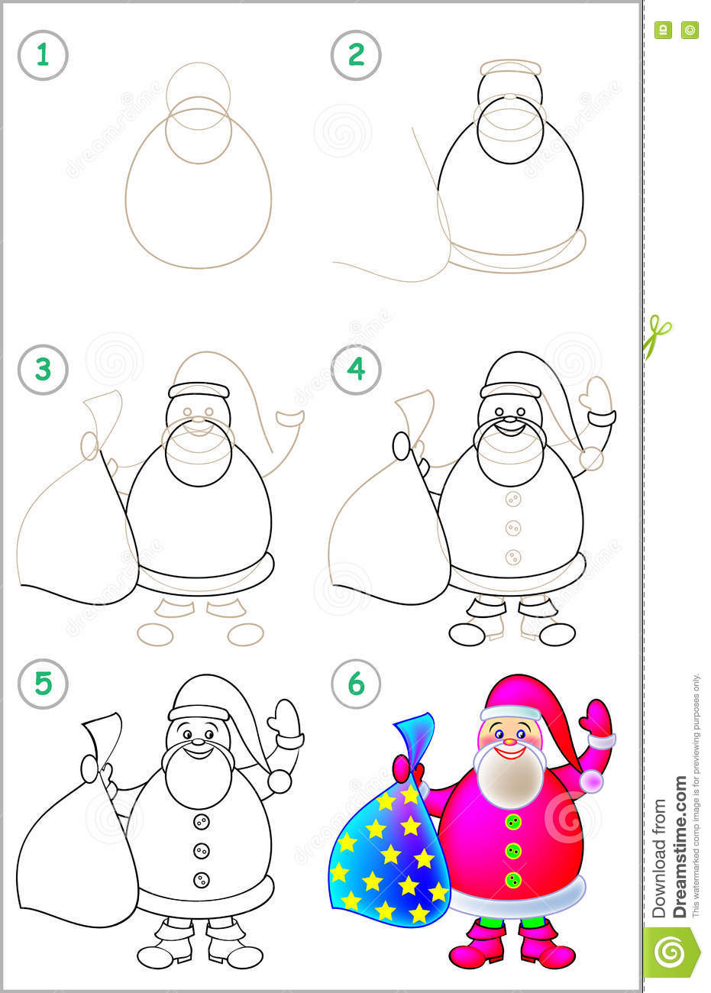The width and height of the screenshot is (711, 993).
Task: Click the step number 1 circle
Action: tap(43, 55)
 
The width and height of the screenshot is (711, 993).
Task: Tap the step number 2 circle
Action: tap(356, 55)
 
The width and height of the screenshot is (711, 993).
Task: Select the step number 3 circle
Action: tap(43, 370)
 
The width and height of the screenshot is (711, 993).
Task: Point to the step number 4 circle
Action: tap(356, 370)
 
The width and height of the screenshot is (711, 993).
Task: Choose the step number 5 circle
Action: tap(43, 684)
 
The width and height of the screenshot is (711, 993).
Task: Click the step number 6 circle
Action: tap(356, 684)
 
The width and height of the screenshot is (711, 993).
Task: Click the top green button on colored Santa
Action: tap(513, 822)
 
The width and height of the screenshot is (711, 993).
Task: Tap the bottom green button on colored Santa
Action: tap(513, 879)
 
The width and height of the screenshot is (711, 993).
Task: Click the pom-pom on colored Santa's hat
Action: tap(591, 781)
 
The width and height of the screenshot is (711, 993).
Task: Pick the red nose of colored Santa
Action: tap(510, 740)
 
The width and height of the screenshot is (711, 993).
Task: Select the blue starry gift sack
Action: tap(386, 856)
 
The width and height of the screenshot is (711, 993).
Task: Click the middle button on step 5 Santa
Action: tap(201, 850)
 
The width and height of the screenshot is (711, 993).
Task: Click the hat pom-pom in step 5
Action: tap(280, 781)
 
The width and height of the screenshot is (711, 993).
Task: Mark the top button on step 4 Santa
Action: tap(513, 499)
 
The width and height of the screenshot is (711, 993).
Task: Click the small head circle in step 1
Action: tap(198, 90)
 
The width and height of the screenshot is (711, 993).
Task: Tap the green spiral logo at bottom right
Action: tap(671, 952)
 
